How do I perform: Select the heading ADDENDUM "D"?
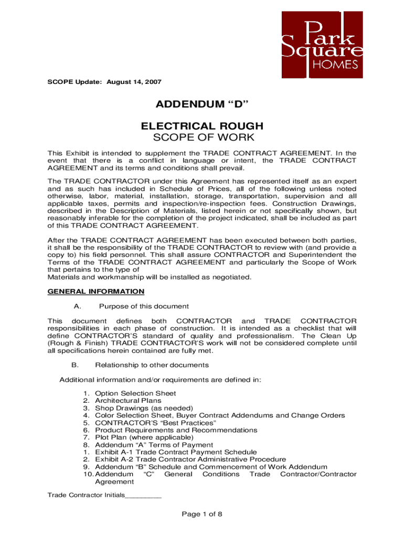(x=201, y=106)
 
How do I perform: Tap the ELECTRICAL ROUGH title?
(x=201, y=126)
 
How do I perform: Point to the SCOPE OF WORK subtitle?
(x=201, y=138)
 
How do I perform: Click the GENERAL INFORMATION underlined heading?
(x=95, y=291)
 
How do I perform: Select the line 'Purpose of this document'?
(x=144, y=306)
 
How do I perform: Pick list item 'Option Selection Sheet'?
(x=135, y=393)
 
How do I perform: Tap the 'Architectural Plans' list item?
(x=128, y=401)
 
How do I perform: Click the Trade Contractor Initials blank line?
(x=143, y=496)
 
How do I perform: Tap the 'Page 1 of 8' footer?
(x=202, y=514)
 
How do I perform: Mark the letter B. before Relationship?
(x=74, y=365)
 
